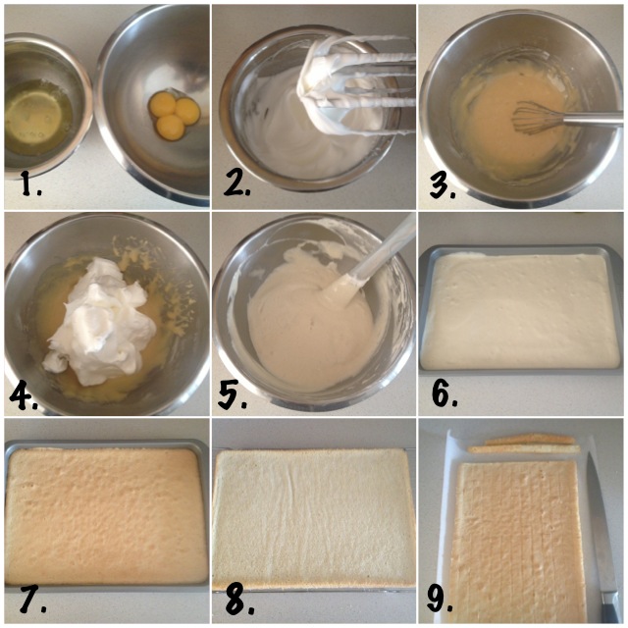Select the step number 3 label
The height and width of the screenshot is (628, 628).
[x=443, y=185]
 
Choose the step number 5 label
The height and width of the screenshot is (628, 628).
[x=232, y=395]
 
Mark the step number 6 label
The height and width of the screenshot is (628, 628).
[x=445, y=393]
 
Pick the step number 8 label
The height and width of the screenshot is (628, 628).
[x=239, y=600]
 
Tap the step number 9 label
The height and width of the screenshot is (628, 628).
[x=440, y=600]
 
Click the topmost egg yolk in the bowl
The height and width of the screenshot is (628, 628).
[x=163, y=102]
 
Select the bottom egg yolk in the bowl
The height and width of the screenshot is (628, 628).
[x=170, y=128]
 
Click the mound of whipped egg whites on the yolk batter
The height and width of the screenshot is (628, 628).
[x=100, y=321]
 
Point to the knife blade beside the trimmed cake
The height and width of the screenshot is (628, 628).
[x=600, y=525]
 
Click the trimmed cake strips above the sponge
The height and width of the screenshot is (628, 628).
[x=525, y=445]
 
